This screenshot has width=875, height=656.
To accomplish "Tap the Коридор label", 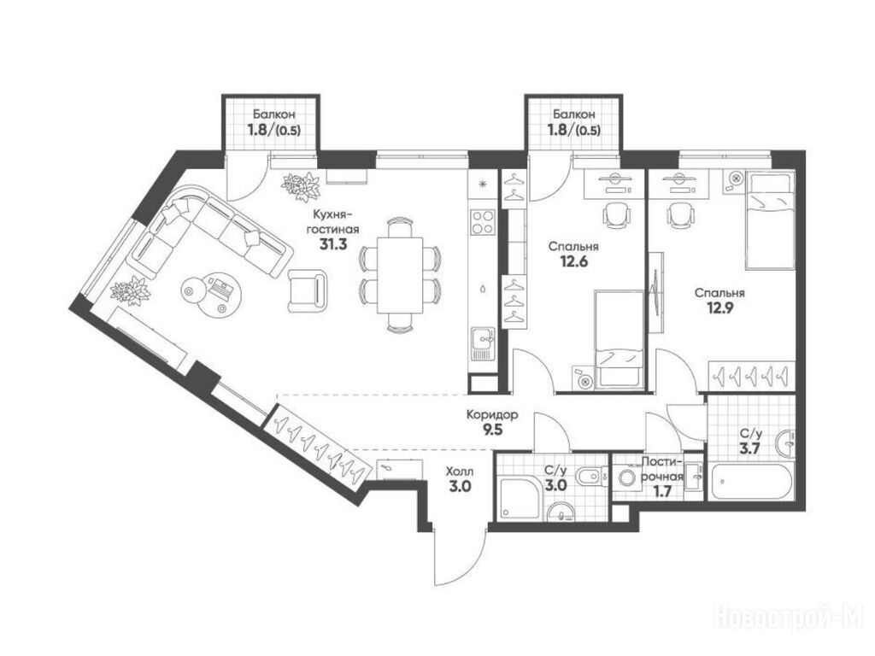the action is click(x=492, y=415).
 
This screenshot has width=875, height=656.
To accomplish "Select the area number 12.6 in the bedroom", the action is click(x=573, y=261).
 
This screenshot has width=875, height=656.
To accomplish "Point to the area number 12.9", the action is click(x=719, y=307).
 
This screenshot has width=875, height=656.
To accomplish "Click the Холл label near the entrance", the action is click(x=460, y=471).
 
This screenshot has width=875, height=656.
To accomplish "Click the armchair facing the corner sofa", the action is click(x=308, y=290).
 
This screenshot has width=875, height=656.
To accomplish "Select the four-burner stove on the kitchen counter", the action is click(x=483, y=221).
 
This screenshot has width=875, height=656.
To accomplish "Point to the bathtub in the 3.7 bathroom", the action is click(x=749, y=480).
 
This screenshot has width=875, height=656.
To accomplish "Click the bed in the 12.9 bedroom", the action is click(x=770, y=221).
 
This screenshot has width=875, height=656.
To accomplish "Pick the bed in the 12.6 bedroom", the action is click(x=620, y=338).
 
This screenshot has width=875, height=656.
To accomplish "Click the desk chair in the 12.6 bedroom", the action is click(x=616, y=214).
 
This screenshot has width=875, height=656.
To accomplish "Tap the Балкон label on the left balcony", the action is click(x=273, y=114).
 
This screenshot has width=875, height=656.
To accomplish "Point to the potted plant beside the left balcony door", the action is click(x=302, y=185).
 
